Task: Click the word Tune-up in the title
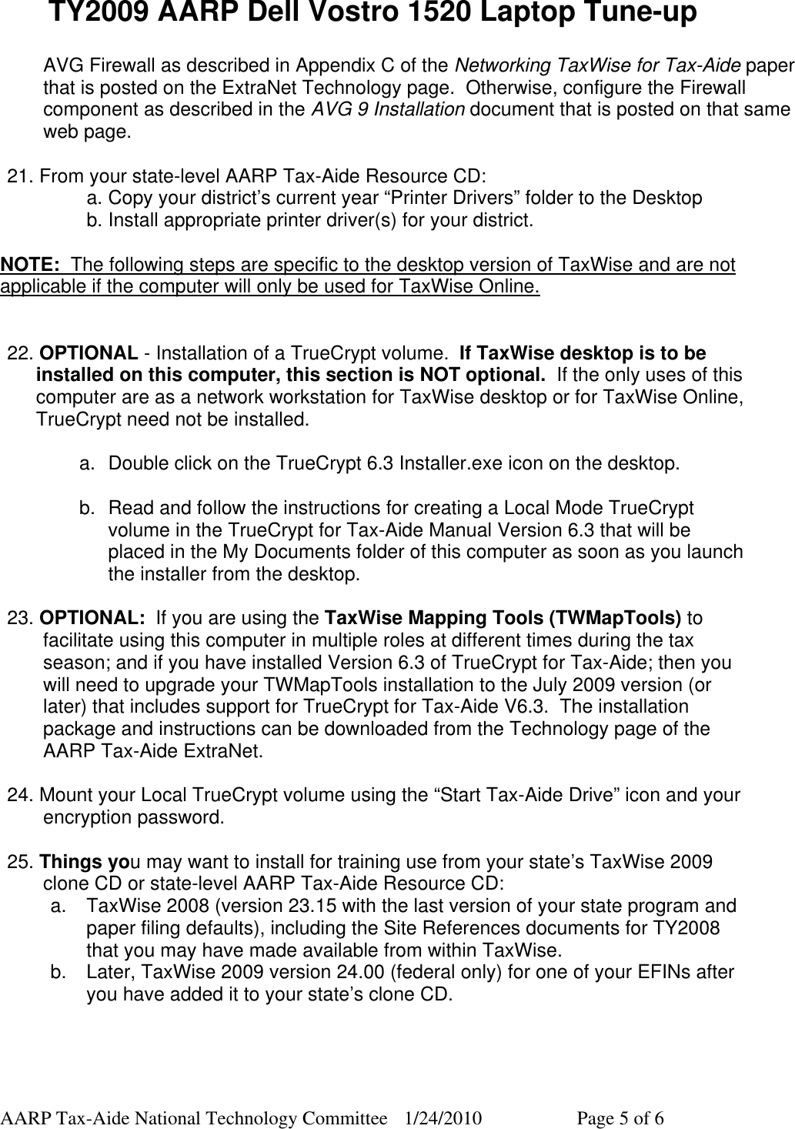[x=630, y=14]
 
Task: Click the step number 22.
[x=20, y=354]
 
